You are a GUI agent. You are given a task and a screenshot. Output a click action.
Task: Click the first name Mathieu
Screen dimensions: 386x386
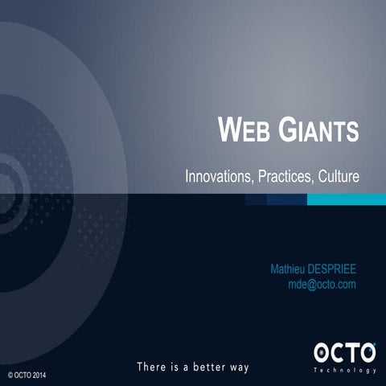[290, 269]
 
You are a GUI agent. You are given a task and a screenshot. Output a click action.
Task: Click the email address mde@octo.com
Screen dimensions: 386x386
[322, 285]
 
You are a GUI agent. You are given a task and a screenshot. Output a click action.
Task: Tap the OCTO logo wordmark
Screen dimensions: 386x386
[344, 352]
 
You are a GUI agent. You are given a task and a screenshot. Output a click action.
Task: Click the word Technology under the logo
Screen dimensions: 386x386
[345, 370]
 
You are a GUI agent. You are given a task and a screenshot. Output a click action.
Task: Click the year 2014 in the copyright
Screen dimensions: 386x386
[47, 375]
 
